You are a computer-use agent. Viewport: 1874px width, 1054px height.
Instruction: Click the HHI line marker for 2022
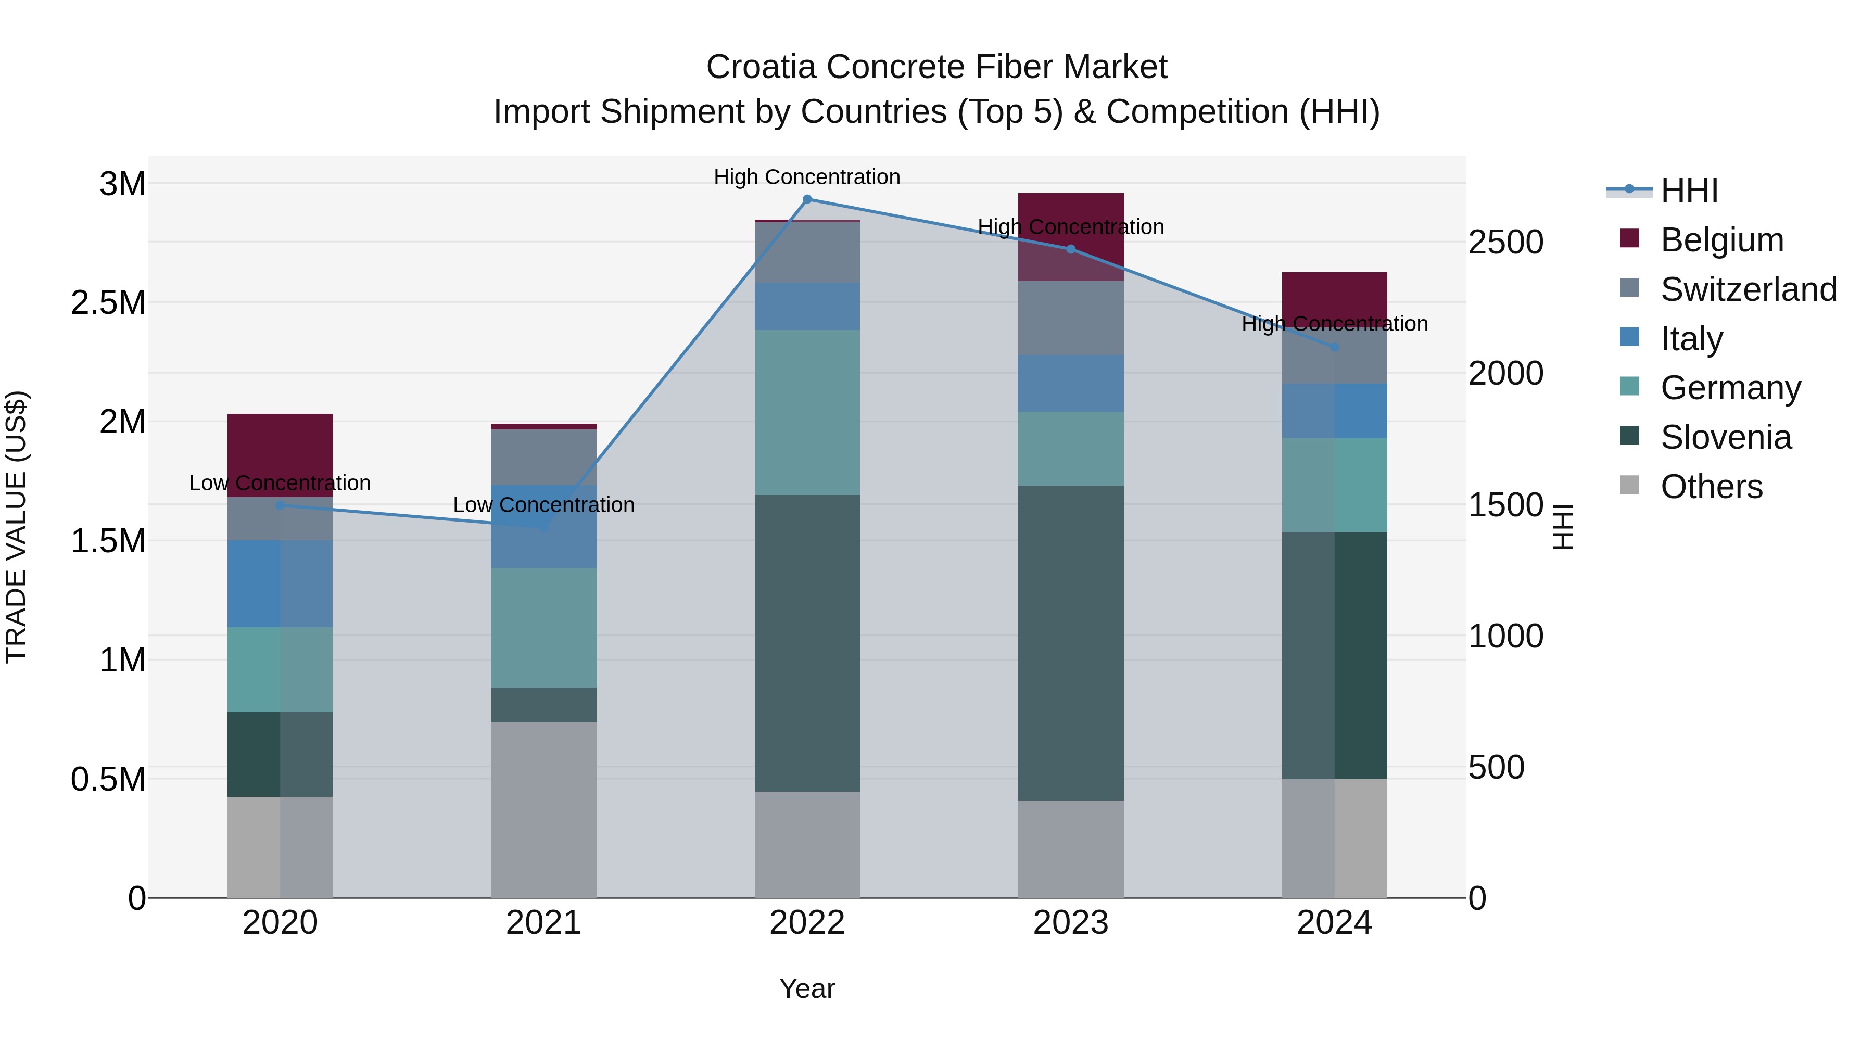coord(807,199)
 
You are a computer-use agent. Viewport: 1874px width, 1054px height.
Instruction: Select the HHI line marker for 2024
coord(1334,347)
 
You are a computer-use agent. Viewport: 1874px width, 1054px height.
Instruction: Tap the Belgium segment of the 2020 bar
coord(280,454)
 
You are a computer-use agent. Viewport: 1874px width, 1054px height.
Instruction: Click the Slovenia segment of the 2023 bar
coord(1070,643)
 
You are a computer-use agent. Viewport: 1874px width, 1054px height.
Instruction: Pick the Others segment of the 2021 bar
coord(543,809)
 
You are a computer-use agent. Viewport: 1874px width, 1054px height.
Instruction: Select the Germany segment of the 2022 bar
coord(807,412)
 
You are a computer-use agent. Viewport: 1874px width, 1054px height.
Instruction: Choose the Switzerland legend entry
coord(1748,289)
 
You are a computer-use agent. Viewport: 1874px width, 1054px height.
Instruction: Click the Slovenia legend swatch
coord(1629,437)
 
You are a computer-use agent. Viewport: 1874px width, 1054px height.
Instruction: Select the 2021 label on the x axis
coord(543,923)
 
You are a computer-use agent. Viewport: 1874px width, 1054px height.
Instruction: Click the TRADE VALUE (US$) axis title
coord(16,527)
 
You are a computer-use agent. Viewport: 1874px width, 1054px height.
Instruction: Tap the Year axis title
coord(807,988)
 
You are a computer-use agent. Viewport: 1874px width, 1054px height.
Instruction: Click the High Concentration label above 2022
coord(807,177)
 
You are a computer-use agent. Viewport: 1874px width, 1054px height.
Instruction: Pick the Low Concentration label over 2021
coord(543,505)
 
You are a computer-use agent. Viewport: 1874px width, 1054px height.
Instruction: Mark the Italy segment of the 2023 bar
coord(1070,383)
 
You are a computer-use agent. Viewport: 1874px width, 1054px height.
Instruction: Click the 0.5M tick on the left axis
coord(108,779)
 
